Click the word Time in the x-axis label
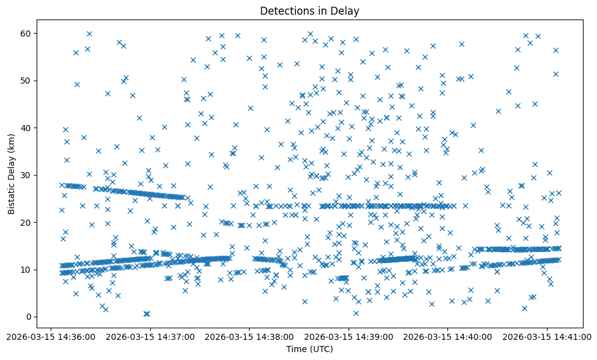tap(297, 349)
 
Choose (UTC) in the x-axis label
tap(320, 349)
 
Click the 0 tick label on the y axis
tap(28, 317)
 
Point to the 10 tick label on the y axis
tap(26, 270)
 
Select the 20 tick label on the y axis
tap(26, 223)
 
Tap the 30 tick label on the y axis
tap(26, 175)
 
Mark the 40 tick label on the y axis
tap(26, 128)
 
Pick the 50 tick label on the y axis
tap(26, 81)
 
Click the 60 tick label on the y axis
tap(26, 33)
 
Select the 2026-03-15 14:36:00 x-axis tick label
tap(51, 336)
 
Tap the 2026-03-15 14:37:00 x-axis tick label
tap(150, 336)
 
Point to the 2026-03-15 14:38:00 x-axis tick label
tap(249, 336)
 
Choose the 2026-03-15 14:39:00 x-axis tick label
tap(349, 336)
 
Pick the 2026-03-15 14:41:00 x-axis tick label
tap(547, 336)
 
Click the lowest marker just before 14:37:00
tap(147, 314)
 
